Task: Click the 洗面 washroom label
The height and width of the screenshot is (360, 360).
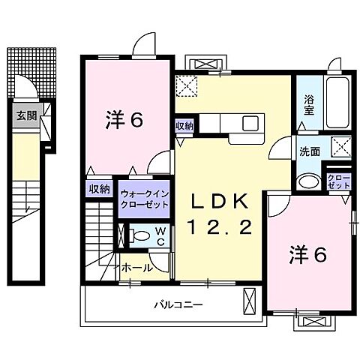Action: (x=310, y=151)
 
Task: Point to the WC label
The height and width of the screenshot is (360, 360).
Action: (x=160, y=235)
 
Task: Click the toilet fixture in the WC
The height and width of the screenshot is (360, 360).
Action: (x=136, y=235)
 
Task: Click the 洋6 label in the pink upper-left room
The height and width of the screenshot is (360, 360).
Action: (x=124, y=118)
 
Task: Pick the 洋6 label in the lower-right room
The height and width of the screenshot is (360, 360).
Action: (x=308, y=256)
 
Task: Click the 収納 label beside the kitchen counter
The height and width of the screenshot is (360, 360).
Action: (x=184, y=126)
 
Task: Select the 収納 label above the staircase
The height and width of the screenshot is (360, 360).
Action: (x=99, y=190)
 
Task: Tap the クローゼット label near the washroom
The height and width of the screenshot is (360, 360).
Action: (x=339, y=181)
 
